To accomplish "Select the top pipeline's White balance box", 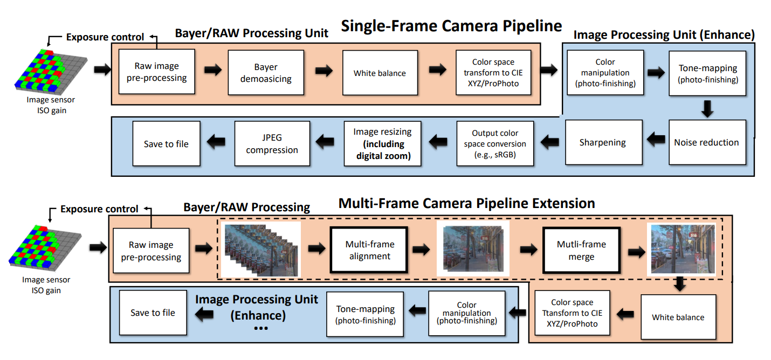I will (380, 73).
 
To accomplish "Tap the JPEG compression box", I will (272, 143).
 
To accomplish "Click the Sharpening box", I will (603, 142).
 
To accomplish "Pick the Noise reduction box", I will (706, 142).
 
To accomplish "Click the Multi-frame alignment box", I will (369, 250).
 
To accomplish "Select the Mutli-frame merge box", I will (581, 251).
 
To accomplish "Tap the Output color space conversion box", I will (495, 144).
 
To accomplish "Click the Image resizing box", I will (382, 144).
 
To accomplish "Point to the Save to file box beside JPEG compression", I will (166, 144).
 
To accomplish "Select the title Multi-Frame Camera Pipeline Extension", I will (466, 203).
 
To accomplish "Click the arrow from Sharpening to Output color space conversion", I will (550, 142).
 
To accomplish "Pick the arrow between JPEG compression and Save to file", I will (217, 142).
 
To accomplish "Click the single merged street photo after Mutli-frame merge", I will (683, 250).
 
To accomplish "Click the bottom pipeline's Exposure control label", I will (99, 209).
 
